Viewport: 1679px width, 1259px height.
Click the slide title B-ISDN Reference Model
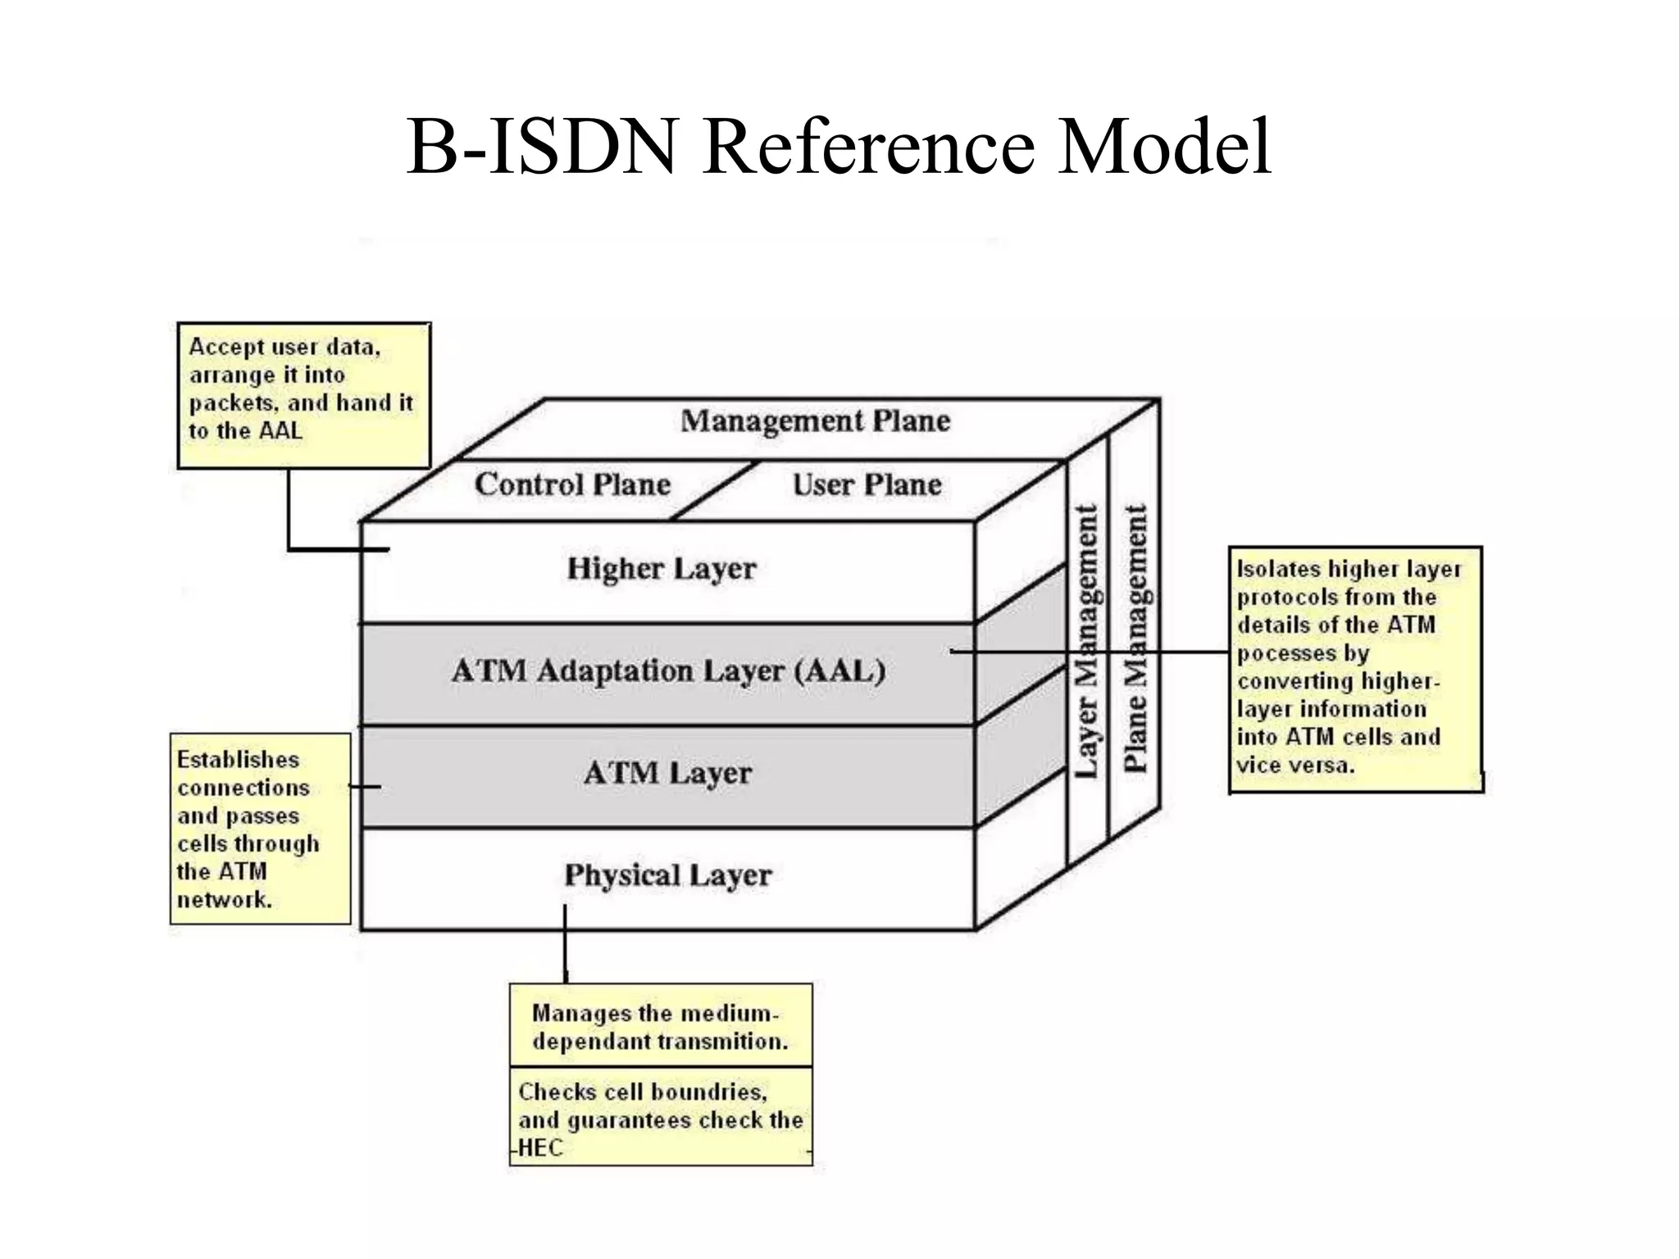(x=838, y=148)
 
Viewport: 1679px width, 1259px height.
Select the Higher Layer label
(x=661, y=569)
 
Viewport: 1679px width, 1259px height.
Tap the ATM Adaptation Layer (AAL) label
(x=668, y=671)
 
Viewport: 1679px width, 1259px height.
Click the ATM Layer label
(x=667, y=773)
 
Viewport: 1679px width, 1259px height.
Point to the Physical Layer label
(x=667, y=875)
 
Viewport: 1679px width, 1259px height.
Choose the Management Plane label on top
(x=815, y=421)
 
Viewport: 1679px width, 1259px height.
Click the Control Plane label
(x=572, y=484)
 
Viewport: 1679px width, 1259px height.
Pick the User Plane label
(x=867, y=484)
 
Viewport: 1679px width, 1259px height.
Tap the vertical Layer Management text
(x=1086, y=641)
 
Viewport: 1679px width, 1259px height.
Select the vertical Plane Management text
(x=1135, y=639)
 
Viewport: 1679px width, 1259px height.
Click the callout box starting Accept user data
(x=303, y=395)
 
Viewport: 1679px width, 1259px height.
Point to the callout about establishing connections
(x=260, y=829)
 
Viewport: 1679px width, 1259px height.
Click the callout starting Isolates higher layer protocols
(x=1355, y=668)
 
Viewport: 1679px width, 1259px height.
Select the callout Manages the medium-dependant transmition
(x=660, y=1026)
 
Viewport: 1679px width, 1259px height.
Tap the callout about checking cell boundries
(x=660, y=1116)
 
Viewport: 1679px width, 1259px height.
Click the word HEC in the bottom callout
(x=540, y=1148)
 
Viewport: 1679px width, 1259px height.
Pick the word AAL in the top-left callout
(x=280, y=431)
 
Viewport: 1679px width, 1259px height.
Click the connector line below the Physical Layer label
(x=565, y=943)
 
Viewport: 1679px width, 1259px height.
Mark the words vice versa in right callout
(x=1295, y=766)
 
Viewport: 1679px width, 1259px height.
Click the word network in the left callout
(x=224, y=900)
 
